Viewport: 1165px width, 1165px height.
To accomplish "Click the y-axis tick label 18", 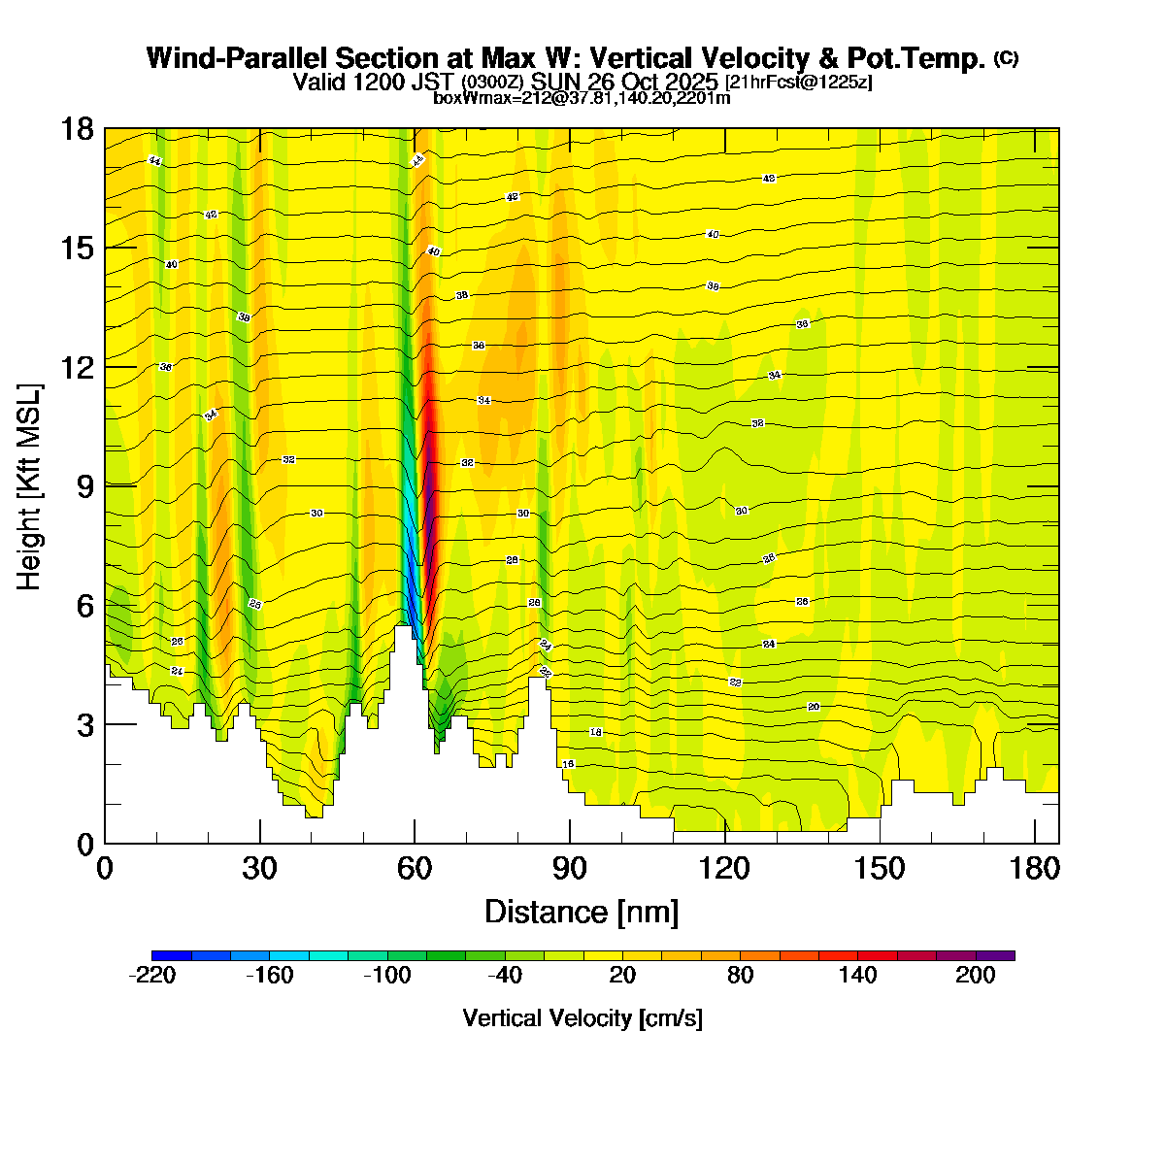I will pos(78,128).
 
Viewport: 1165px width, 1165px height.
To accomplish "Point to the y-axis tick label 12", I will pos(78,367).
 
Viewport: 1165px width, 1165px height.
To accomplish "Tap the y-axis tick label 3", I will pos(84,724).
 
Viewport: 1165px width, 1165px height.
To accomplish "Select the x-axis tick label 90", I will pos(570,868).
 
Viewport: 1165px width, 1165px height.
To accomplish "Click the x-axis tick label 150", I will pos(880,868).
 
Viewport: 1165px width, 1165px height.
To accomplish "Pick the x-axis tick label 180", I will pos(1035,868).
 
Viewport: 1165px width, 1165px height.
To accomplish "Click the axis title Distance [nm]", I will pos(582,912).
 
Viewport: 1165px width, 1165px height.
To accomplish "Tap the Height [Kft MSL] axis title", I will pos(30,486).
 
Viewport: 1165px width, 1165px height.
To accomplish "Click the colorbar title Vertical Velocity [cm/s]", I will pos(582,1018).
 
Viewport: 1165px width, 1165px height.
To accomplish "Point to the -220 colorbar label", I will pos(152,976).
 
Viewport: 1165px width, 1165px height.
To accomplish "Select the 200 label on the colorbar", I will pos(976,976).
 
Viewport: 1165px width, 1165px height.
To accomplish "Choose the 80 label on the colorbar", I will pos(741,976).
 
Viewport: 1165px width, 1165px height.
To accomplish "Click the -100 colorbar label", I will pos(387,976).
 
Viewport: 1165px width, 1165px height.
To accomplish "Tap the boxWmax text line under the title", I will pos(582,97).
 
